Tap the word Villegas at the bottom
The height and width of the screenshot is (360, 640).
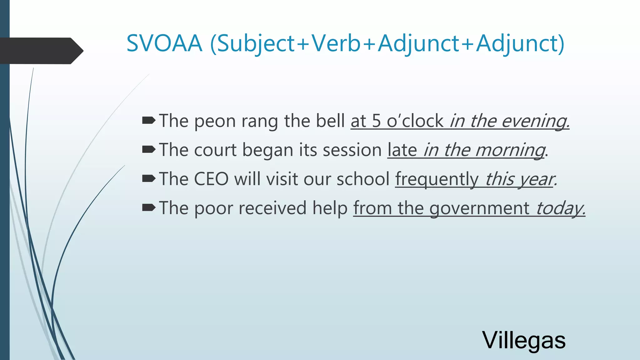pyautogui.click(x=524, y=340)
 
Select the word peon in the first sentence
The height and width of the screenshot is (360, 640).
pyautogui.click(x=215, y=121)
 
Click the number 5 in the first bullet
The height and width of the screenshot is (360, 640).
pyautogui.click(x=376, y=121)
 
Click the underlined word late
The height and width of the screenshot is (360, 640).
pyautogui.click(x=402, y=150)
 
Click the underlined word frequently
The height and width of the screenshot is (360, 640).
pyautogui.click(x=437, y=179)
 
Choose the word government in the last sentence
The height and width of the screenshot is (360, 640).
pyautogui.click(x=479, y=208)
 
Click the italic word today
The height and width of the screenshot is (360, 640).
pyautogui.click(x=559, y=208)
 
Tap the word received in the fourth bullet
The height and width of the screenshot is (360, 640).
pyautogui.click(x=272, y=208)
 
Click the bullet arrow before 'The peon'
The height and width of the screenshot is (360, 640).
pyautogui.click(x=148, y=121)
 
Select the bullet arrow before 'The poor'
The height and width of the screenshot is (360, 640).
pyautogui.click(x=148, y=207)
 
